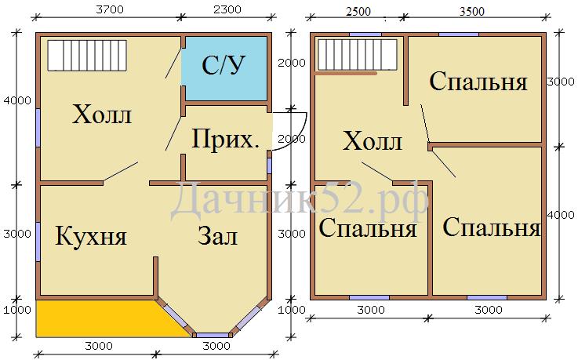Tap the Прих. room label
[226, 140]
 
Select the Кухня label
[91, 236]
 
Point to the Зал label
[217, 235]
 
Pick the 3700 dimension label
[110, 9]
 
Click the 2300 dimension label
[227, 9]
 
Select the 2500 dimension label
[358, 12]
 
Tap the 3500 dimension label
[472, 12]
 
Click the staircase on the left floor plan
[87, 55]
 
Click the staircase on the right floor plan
[358, 54]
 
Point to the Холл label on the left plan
[102, 115]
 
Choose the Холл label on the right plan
[373, 140]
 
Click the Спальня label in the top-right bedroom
[478, 82]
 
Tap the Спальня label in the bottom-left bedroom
[368, 227]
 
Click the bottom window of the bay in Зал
[213, 336]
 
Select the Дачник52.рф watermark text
[300, 201]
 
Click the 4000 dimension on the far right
[561, 215]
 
